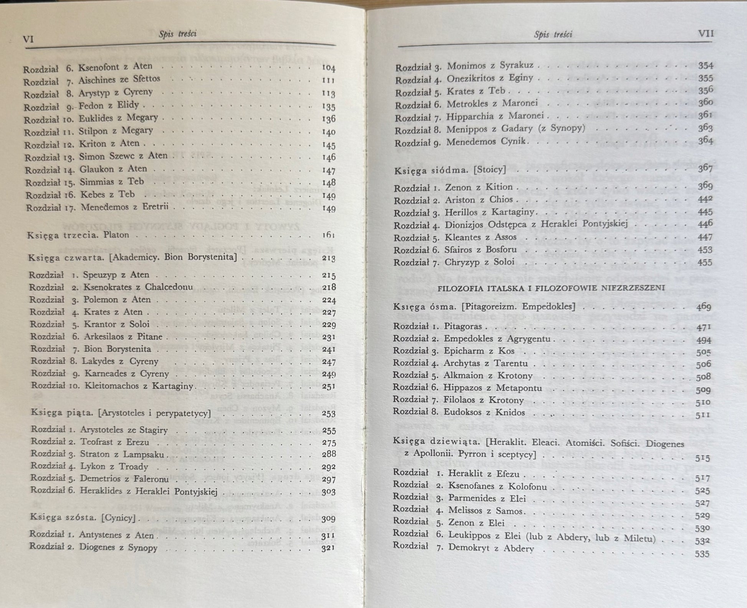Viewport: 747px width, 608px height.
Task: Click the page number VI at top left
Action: [29, 40]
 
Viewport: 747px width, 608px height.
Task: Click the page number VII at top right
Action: [706, 34]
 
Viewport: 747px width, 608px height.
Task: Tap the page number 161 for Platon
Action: [329, 235]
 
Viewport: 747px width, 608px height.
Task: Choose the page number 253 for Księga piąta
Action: [329, 414]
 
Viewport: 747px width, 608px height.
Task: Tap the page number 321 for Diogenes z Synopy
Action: [328, 548]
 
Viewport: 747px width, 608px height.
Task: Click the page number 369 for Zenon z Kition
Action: [706, 186]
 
